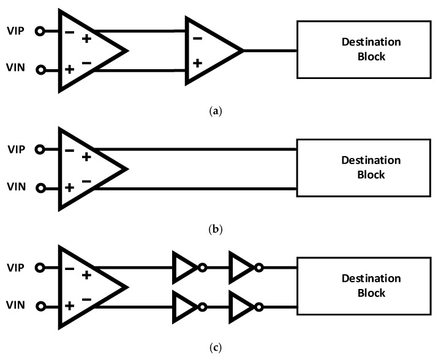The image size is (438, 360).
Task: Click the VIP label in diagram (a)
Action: [16, 31]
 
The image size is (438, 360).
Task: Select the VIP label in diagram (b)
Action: [16, 149]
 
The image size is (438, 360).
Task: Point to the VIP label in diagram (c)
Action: [16, 267]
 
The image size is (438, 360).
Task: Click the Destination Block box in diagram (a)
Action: [363, 50]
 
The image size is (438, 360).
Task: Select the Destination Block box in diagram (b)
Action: [363, 168]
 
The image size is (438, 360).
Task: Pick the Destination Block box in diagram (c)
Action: [363, 286]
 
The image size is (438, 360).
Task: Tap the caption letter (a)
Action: [219, 111]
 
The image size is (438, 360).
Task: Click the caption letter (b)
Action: [219, 230]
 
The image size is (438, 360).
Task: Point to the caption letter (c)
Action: [219, 348]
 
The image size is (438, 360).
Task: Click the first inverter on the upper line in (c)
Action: [186, 267]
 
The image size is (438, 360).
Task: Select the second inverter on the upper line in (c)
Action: [242, 267]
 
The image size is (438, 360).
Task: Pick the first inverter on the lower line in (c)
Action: [186, 306]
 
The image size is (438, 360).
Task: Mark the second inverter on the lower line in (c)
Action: [242, 306]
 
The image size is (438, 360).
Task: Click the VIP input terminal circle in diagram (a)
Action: [40, 31]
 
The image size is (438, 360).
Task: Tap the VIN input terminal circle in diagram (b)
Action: [40, 188]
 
